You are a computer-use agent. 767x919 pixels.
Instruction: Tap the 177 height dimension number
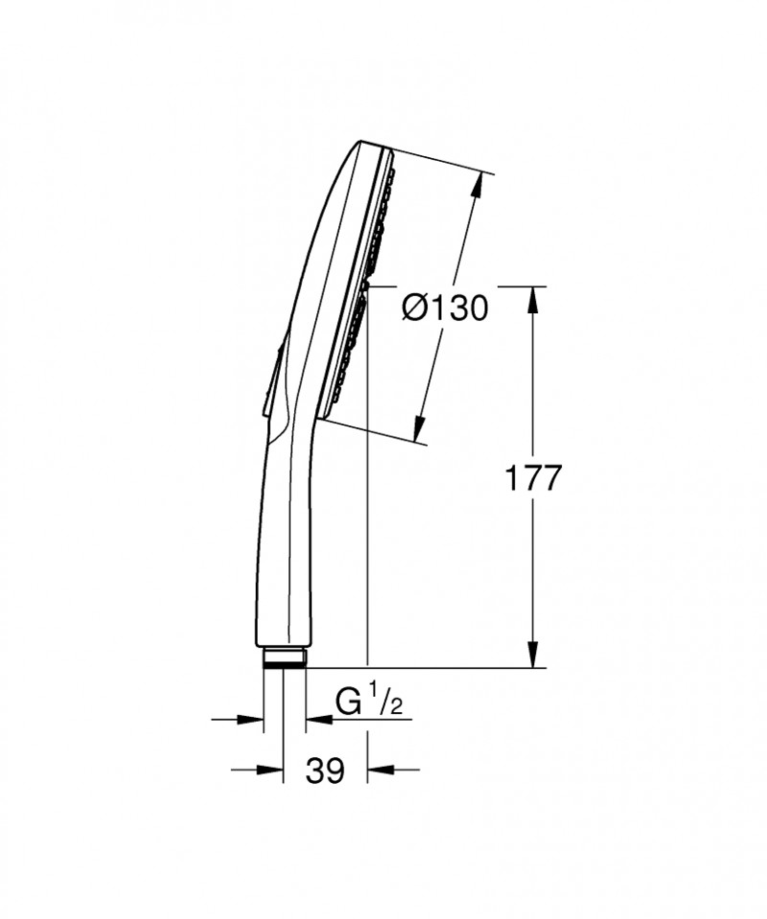(533, 478)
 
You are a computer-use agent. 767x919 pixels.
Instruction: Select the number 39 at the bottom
(326, 770)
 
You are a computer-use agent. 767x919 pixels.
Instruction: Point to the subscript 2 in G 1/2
(396, 708)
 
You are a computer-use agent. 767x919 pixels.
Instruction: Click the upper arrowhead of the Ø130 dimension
(476, 185)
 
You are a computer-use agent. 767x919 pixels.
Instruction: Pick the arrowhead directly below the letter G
(316, 718)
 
